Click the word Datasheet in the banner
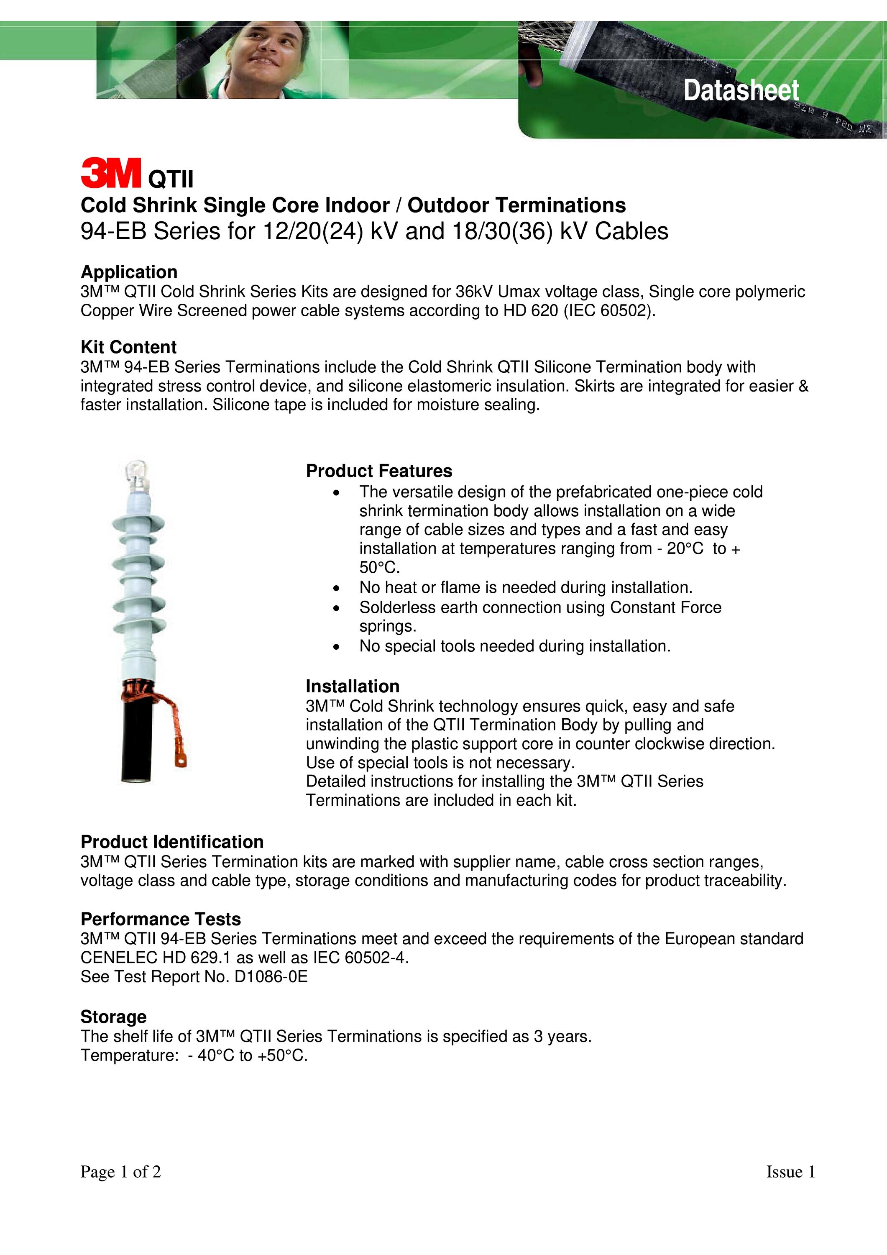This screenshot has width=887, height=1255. tap(741, 90)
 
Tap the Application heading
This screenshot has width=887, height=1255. tap(129, 271)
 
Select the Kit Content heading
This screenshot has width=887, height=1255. tap(128, 347)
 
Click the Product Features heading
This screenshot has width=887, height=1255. tap(379, 471)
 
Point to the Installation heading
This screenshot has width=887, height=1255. tap(353, 686)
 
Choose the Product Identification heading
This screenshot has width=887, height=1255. tap(172, 842)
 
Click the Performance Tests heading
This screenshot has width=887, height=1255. tap(161, 919)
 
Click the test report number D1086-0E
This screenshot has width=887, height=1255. tap(271, 977)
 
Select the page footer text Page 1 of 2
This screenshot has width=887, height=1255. tap(121, 1171)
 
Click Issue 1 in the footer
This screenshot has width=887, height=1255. tap(790, 1171)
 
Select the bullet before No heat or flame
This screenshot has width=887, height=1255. tap(336, 588)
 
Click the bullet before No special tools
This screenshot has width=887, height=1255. tap(336, 647)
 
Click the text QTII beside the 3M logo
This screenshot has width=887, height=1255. tap(171, 179)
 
